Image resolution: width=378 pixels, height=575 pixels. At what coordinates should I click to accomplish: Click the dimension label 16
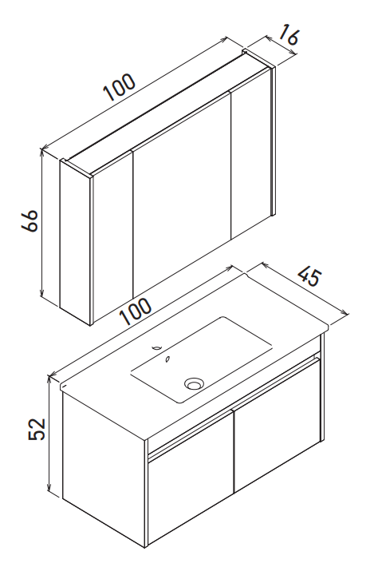[x=289, y=35]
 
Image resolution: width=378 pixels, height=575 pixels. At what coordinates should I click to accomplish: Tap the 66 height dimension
[x=30, y=220]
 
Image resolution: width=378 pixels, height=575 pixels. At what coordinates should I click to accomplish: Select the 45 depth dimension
[x=310, y=277]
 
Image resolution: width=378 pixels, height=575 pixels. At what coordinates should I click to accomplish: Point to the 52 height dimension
[x=37, y=428]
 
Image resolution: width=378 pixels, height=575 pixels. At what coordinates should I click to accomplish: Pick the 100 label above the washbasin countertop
[x=136, y=311]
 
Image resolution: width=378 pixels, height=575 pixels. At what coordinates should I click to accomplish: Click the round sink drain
[x=194, y=383]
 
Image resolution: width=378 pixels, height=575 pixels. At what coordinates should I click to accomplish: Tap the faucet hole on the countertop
[x=158, y=347]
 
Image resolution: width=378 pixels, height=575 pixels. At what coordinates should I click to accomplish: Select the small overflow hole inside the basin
[x=167, y=359]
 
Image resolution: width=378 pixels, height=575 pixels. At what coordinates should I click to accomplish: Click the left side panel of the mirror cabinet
[x=75, y=242]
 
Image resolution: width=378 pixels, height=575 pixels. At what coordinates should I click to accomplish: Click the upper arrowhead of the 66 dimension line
[x=42, y=149]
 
